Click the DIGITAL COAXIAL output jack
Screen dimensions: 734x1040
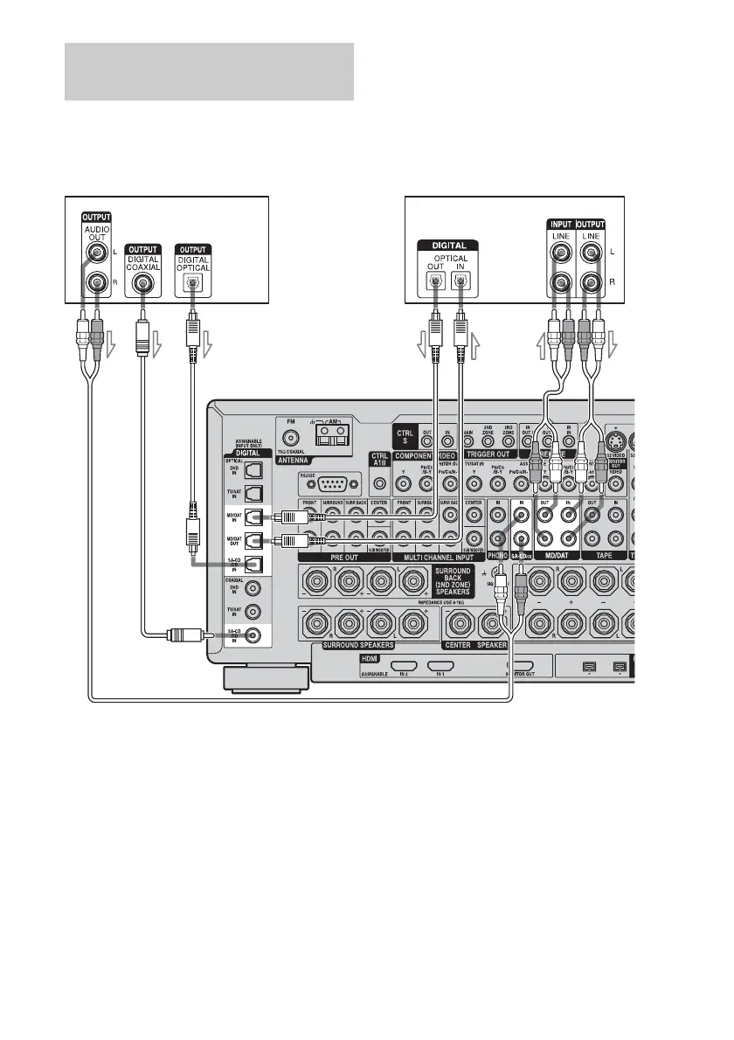[x=139, y=282]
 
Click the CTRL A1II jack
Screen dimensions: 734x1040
[x=379, y=482]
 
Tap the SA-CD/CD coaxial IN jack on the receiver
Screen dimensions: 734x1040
[x=253, y=636]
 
